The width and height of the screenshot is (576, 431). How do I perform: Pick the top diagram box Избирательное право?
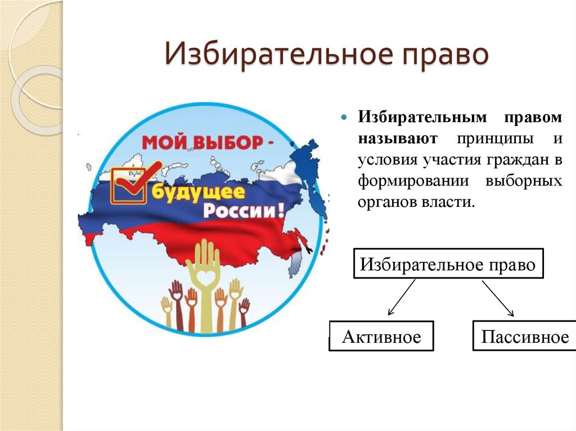pyautogui.click(x=448, y=264)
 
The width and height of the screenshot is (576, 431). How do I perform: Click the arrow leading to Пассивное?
pyautogui.click(x=498, y=297)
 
